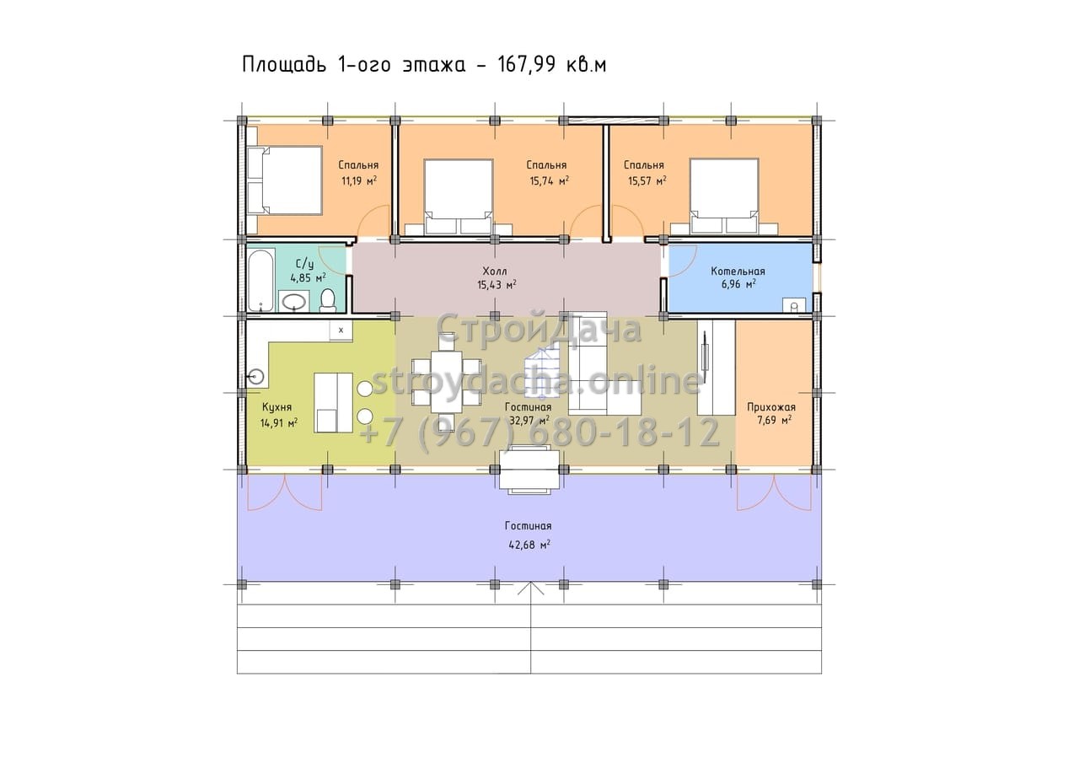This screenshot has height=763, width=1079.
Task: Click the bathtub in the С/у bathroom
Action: (x=261, y=280)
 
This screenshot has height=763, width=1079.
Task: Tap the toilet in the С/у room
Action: (x=329, y=299)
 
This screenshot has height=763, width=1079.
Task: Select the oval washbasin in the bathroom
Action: (x=293, y=302)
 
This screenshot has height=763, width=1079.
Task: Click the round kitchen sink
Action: (x=256, y=376)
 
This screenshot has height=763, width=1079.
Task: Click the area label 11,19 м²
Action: (x=359, y=181)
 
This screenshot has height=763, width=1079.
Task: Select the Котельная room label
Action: (x=738, y=271)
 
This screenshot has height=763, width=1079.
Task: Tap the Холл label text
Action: (x=495, y=271)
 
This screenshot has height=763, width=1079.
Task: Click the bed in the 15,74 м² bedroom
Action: (x=458, y=196)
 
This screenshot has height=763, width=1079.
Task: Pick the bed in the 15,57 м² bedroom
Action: (x=724, y=196)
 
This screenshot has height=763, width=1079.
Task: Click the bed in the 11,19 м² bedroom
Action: (x=284, y=180)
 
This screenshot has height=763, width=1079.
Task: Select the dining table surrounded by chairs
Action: (x=447, y=381)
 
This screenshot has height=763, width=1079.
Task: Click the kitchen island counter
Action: (x=333, y=402)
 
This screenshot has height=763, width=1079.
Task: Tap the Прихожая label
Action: (x=771, y=407)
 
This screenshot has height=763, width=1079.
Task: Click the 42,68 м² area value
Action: (x=529, y=545)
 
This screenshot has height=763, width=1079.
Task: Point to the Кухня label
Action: (x=276, y=407)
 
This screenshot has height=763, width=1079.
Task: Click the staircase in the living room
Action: (x=543, y=373)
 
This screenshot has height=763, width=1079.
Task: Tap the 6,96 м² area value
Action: (x=738, y=284)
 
